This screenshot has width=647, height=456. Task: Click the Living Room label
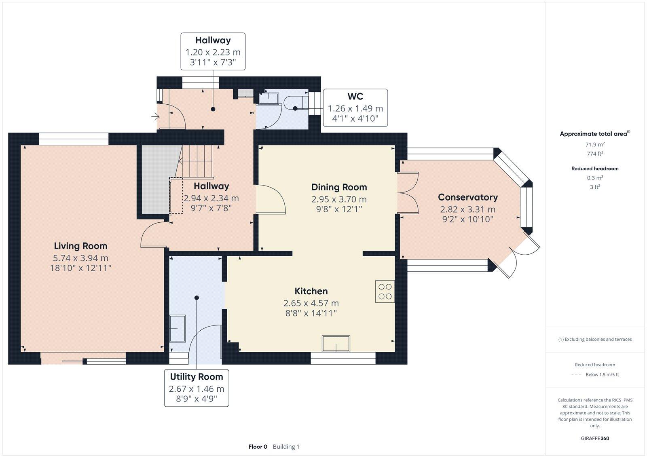[x=80, y=246]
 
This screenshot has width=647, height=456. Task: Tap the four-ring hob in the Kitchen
[x=385, y=291]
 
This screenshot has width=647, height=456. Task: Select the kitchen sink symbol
[x=336, y=343]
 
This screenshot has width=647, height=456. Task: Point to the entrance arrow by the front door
[x=155, y=117]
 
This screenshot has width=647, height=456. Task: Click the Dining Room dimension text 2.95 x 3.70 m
[x=339, y=199]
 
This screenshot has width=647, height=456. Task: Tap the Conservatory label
[x=468, y=197]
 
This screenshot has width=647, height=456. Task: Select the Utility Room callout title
[x=197, y=377]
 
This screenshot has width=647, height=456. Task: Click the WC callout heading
[x=355, y=96]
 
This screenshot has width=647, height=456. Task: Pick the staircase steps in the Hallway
[x=196, y=161]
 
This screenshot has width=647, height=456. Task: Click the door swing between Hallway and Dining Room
[x=271, y=199]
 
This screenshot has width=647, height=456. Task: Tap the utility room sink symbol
[x=178, y=328]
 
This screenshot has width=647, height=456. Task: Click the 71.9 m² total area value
[x=595, y=144]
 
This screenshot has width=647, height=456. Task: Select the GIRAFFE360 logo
[x=595, y=438]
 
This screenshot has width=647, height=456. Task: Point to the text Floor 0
[x=258, y=447]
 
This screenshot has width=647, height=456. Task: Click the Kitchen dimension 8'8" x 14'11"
[x=311, y=313]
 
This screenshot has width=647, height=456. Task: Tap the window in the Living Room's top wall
[x=74, y=139]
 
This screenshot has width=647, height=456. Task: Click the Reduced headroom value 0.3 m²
[x=595, y=178]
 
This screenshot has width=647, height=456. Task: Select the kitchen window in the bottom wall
[x=343, y=358]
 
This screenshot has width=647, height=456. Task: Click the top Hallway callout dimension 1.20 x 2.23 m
[x=213, y=52]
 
